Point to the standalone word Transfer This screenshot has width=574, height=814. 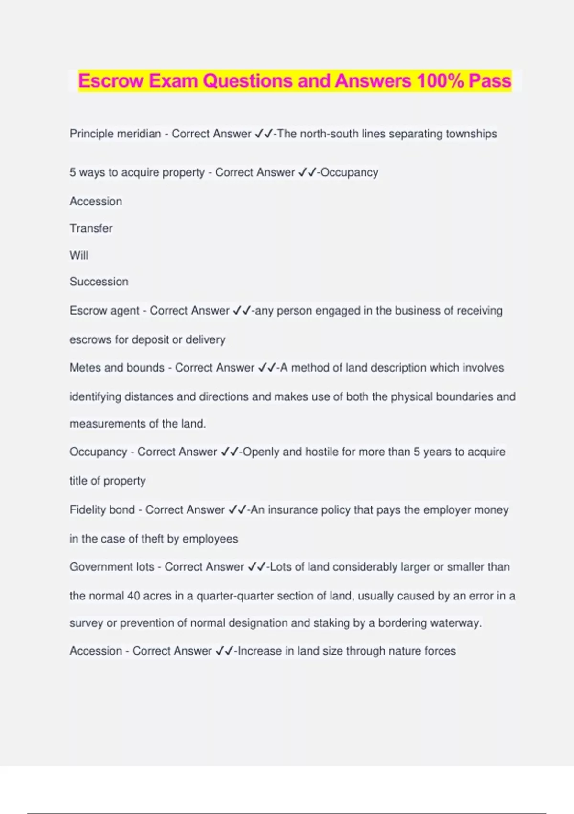click(x=91, y=228)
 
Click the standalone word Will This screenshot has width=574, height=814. click(x=79, y=255)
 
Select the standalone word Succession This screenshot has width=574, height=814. click(x=99, y=282)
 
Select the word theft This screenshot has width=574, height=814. click(x=152, y=539)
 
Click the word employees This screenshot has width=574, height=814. click(x=210, y=539)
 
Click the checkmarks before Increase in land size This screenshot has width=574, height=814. click(x=224, y=651)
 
